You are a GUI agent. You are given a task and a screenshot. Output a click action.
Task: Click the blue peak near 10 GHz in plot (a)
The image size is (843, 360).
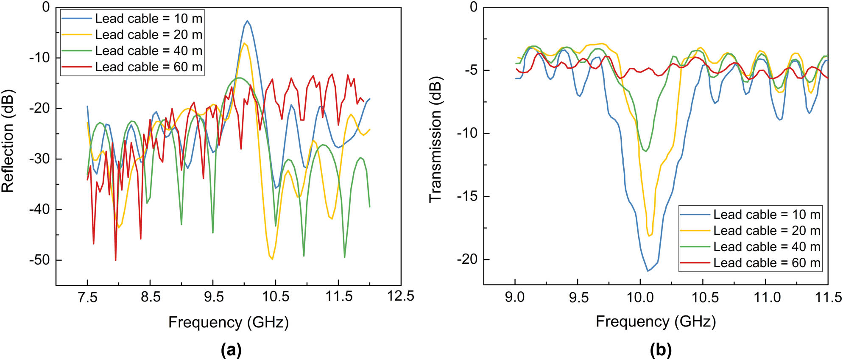point(247,21)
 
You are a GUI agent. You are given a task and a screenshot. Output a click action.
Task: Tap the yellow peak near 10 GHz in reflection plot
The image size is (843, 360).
point(245,43)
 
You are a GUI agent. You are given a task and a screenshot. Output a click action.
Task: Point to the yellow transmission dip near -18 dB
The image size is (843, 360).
point(649,236)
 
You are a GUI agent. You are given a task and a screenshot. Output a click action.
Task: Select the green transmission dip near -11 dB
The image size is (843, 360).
point(646,151)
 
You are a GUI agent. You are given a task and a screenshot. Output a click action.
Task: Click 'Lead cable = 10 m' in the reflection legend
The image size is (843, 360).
point(148,19)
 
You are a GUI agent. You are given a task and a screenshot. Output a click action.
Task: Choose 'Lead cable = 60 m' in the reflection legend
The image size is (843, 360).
point(148,67)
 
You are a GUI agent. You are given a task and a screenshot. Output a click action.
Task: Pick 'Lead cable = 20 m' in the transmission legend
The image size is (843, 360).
point(766,231)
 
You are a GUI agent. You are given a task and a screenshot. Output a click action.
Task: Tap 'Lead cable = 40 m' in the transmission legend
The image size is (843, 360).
point(766,247)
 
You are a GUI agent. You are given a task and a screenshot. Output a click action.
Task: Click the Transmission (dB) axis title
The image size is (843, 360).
point(435,140)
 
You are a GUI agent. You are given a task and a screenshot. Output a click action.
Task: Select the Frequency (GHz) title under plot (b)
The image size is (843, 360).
point(656,321)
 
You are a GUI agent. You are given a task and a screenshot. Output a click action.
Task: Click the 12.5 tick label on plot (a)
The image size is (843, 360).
point(400,296)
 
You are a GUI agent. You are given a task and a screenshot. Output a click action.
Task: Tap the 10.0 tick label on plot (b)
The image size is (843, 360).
point(640,297)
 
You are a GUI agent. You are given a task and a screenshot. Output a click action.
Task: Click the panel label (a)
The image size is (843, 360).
point(231,350)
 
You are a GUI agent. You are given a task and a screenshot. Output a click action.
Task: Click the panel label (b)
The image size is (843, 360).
point(660,350)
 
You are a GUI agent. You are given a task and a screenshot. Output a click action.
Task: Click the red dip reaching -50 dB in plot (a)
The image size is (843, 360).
point(115,260)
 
